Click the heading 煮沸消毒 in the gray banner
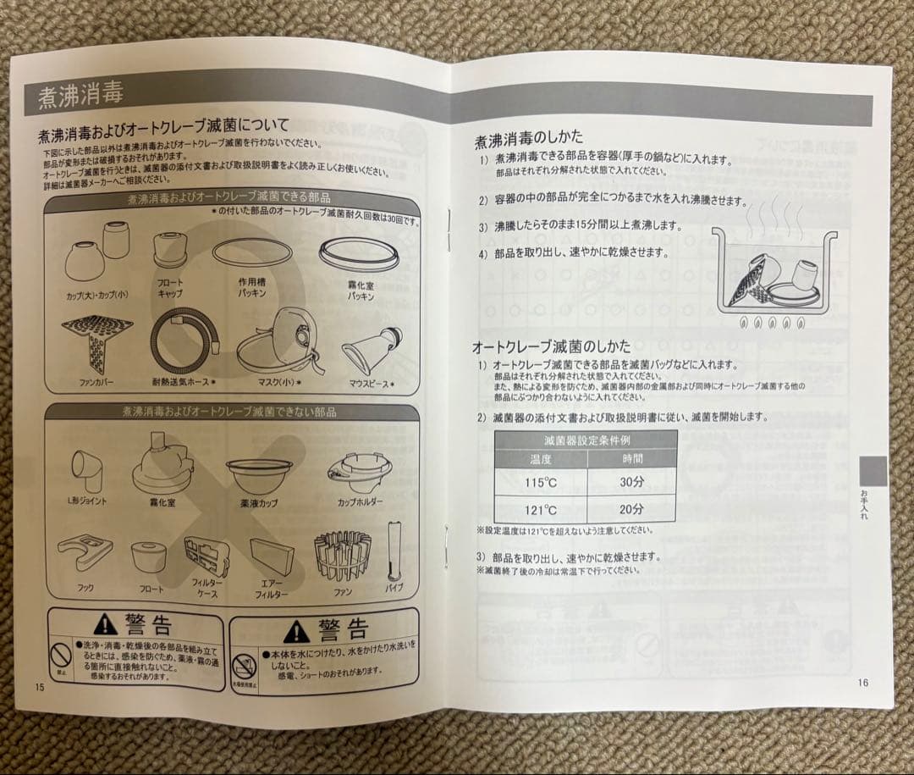coord(80,97)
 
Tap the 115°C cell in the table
coord(541,484)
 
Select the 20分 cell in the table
coord(631,509)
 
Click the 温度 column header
coord(541,459)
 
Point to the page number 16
coord(862,683)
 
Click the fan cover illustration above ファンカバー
coord(96,344)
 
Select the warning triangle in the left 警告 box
coord(106,627)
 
